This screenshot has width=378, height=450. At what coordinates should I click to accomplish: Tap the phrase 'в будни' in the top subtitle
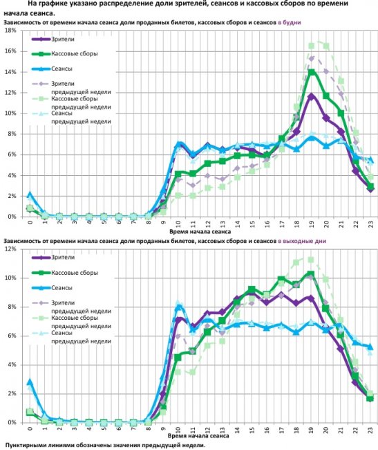tap(290, 24)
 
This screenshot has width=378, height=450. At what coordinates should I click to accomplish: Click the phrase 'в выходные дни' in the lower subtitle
tap(299, 241)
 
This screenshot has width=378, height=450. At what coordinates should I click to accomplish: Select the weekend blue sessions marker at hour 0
tap(30, 381)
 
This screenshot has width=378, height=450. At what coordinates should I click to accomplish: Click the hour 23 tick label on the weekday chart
tap(371, 224)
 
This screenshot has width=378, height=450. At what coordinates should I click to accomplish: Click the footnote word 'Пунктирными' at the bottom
tap(28, 444)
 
